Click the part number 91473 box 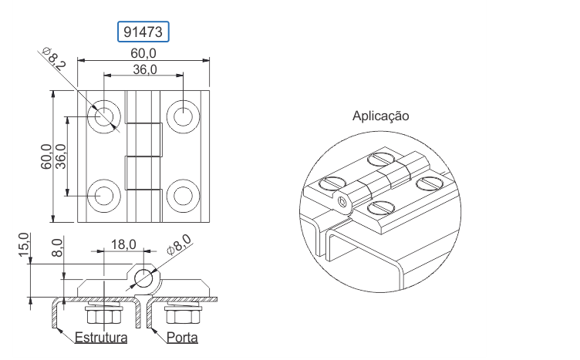(x=143, y=32)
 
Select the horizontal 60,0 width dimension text (x=143, y=54)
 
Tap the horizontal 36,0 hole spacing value (x=145, y=69)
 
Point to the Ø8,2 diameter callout (x=54, y=59)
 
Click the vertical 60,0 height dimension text (x=46, y=156)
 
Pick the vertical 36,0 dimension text (x=61, y=156)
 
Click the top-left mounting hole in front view (x=104, y=116)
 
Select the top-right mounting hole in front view (x=183, y=116)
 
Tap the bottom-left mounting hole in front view (x=104, y=196)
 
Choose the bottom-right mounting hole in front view (x=183, y=196)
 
